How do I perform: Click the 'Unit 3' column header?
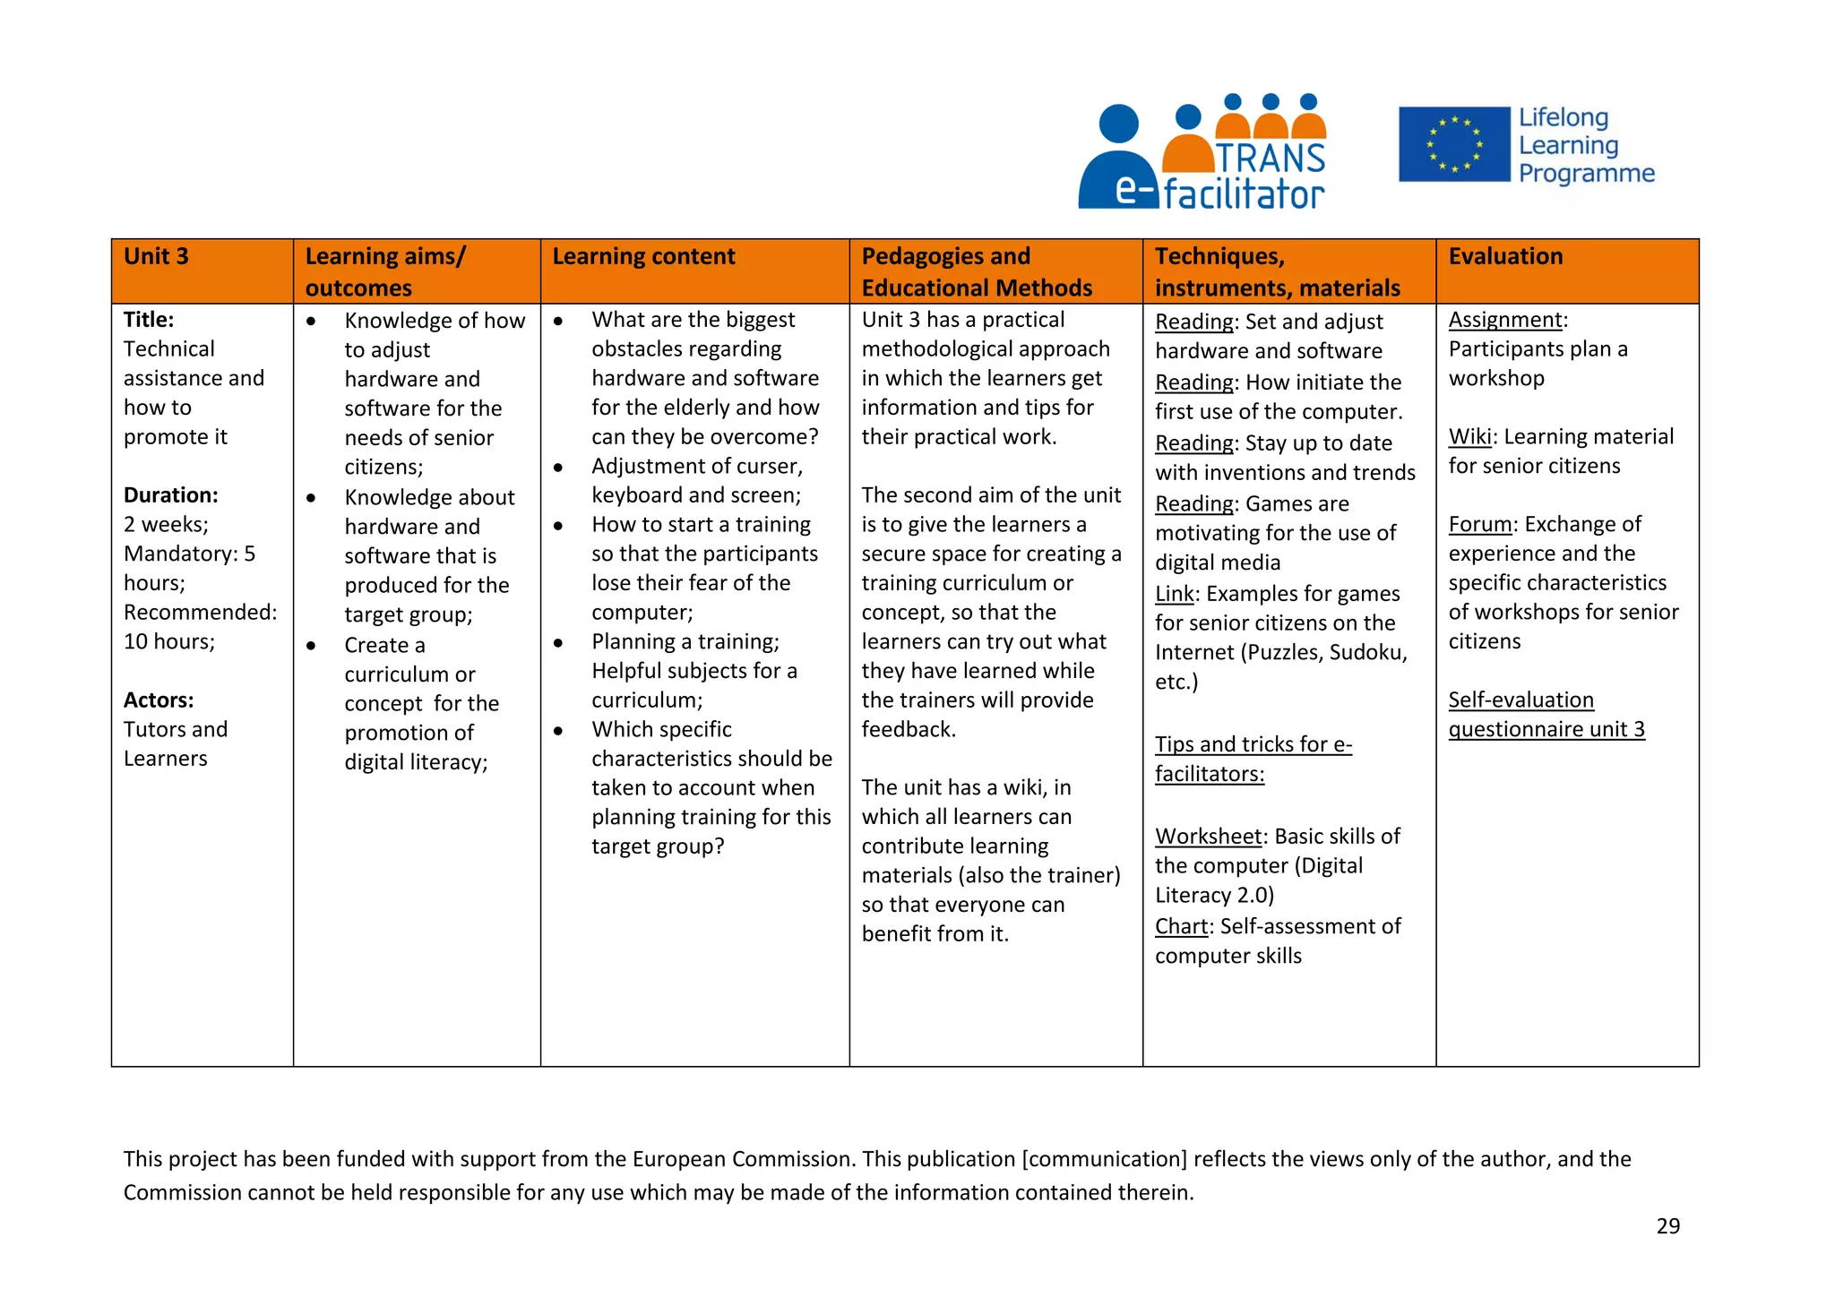[156, 257]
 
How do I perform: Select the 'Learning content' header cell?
[643, 257]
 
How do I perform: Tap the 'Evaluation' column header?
[1505, 257]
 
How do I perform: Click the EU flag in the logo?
[1454, 144]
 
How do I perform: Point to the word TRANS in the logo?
[1271, 159]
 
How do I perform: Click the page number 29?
[1667, 1226]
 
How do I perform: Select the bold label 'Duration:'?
[170, 495]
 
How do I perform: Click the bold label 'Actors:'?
[159, 700]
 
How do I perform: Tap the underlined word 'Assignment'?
[1504, 320]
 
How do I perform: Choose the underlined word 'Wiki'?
[1469, 437]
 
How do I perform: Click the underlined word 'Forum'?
[1480, 525]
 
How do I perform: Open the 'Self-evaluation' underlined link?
[1521, 700]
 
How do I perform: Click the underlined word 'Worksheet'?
[1208, 837]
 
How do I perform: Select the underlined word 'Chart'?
[1181, 927]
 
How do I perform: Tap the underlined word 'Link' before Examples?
[1174, 595]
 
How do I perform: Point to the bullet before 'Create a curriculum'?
[311, 646]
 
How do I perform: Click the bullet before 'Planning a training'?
[558, 642]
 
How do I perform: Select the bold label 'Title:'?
[149, 320]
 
